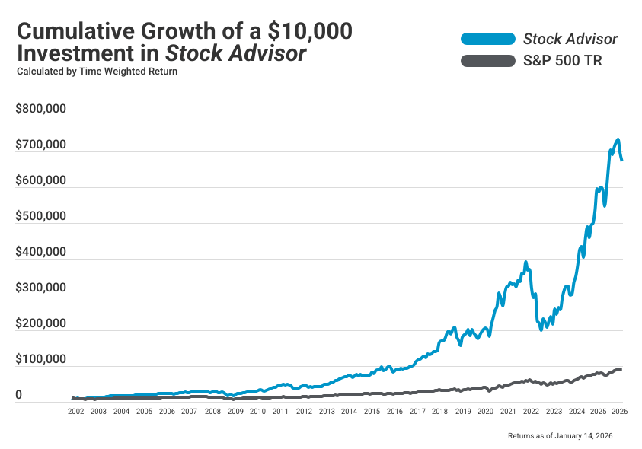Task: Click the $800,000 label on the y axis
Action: pos(41,109)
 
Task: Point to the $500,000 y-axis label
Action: pos(41,216)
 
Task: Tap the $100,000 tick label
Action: pos(41,359)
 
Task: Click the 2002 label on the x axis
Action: pos(75,411)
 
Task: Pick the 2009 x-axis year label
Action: pos(235,411)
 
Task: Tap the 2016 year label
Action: pos(394,411)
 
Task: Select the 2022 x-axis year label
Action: pos(531,411)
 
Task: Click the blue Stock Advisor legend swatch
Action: pos(487,39)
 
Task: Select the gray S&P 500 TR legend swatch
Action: pos(487,61)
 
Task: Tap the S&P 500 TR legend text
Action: pos(562,61)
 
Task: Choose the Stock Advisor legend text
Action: pos(570,39)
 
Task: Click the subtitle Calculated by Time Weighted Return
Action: pos(97,72)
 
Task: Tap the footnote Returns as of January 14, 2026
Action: pos(560,436)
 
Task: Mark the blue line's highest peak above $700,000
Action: pos(618,140)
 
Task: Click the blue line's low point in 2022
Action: pos(542,330)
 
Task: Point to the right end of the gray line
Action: pos(621,369)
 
